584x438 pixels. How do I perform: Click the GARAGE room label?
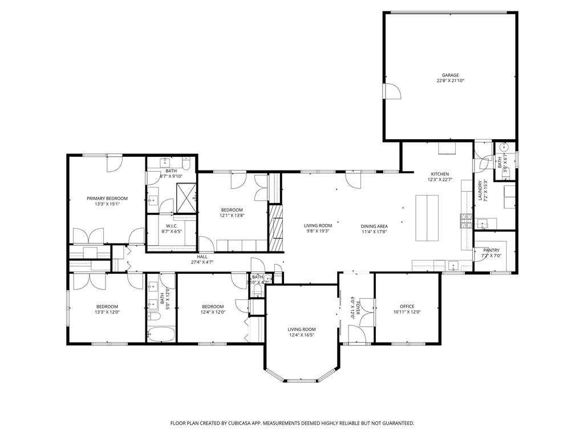tap(450, 75)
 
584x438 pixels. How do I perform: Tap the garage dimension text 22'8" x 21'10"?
tap(450, 81)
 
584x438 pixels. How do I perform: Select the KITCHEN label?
tap(440, 174)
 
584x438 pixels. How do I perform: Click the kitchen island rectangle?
tap(428, 218)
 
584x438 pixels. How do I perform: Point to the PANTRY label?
tap(491, 250)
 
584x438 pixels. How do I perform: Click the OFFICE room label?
tap(407, 306)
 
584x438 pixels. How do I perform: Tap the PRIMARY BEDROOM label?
tap(107, 198)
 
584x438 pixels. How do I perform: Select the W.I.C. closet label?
tap(171, 226)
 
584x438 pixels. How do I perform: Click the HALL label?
tap(202, 257)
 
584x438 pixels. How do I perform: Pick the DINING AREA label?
tap(374, 226)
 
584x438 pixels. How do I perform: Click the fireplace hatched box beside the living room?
tap(276, 228)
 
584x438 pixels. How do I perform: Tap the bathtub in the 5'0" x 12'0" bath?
tap(160, 334)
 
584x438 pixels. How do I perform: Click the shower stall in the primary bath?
tap(186, 195)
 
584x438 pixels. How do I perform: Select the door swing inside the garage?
tap(392, 91)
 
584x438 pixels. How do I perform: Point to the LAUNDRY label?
tap(480, 191)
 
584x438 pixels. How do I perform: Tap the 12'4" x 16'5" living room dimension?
tap(301, 335)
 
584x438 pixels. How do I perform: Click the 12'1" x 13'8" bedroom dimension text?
tap(232, 216)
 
